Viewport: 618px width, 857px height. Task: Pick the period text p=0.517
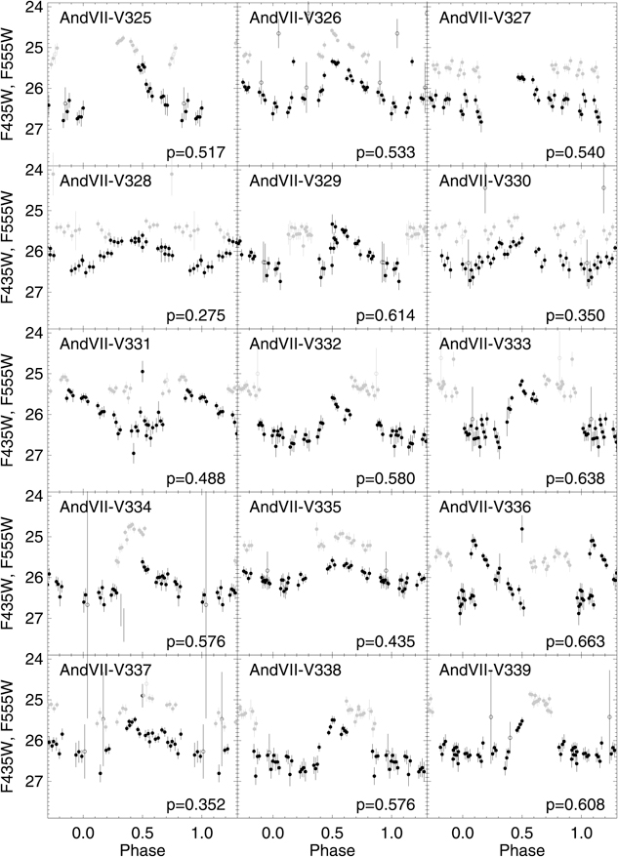pos(197,153)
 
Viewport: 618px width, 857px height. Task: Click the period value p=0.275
pos(197,316)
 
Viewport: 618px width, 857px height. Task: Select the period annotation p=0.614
pos(387,316)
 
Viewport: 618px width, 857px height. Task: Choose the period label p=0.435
pos(387,642)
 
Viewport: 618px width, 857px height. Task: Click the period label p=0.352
pos(197,805)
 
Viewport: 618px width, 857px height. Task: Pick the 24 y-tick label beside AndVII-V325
pos(32,8)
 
